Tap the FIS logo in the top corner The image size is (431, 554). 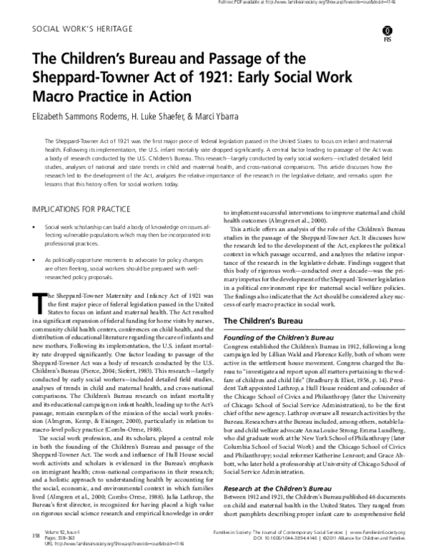coord(408,35)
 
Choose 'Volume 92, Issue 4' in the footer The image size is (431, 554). coord(60,532)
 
